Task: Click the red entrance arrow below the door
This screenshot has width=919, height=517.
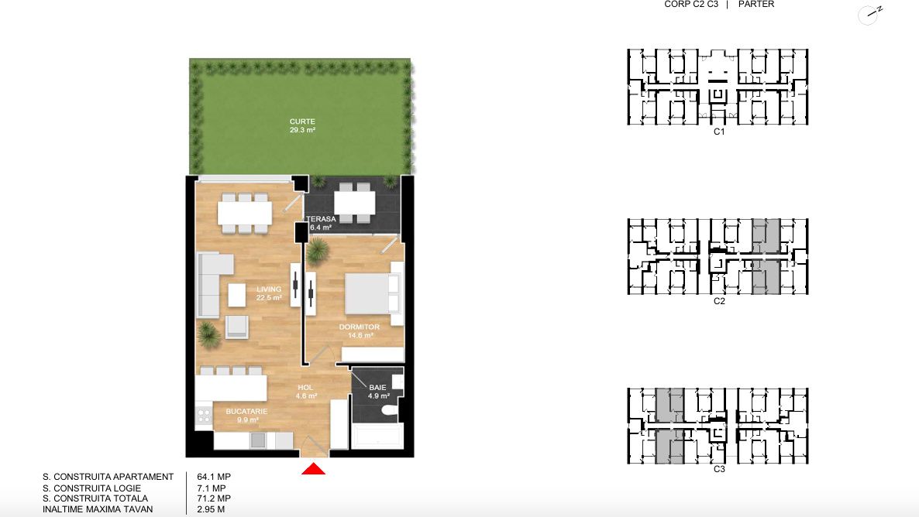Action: point(314,468)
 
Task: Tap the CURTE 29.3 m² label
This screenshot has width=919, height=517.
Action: point(302,126)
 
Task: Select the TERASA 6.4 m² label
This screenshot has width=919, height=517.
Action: point(321,223)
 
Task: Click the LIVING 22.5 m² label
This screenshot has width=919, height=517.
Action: point(269,293)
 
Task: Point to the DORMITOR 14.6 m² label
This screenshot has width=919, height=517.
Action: point(360,331)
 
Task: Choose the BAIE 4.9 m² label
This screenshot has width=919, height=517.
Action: point(378,392)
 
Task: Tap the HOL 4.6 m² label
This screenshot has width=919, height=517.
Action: point(306,392)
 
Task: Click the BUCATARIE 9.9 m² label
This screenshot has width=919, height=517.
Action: point(246,416)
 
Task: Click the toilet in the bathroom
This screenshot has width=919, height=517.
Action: point(390,411)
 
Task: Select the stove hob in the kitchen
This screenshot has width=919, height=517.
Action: point(203,416)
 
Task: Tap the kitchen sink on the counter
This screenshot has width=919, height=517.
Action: point(258,440)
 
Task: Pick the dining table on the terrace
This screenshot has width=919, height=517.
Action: point(355,203)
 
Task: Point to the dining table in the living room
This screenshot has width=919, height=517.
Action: point(244,213)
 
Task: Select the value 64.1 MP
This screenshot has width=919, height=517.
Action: point(214,477)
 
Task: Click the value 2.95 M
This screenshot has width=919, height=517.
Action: point(211,509)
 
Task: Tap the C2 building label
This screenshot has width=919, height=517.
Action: point(719,301)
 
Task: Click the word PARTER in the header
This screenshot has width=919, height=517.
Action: point(756,4)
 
